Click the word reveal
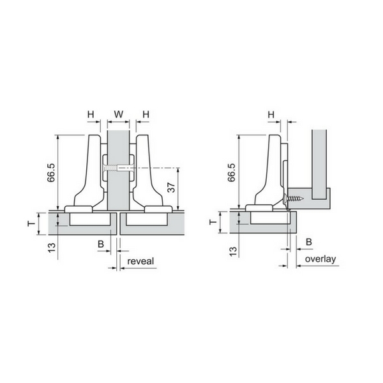click(140, 261)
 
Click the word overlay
click(320, 259)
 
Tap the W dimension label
click(119, 114)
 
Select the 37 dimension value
click(172, 187)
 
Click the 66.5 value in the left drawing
click(52, 173)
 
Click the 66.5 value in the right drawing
click(231, 173)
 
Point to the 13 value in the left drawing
click(52, 248)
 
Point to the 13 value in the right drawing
click(233, 251)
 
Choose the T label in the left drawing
click(31, 223)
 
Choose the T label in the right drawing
click(213, 222)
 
